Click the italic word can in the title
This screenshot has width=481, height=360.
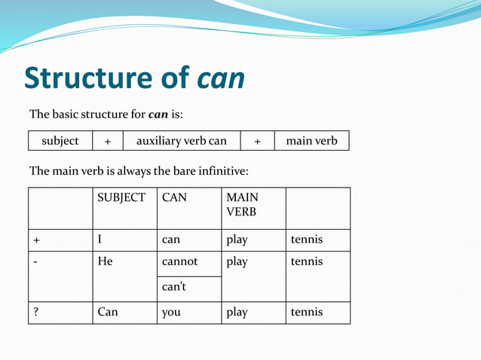(x=222, y=78)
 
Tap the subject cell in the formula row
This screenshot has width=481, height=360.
(x=60, y=141)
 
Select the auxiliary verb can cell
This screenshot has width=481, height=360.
(x=181, y=141)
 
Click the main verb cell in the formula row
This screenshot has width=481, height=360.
(x=311, y=141)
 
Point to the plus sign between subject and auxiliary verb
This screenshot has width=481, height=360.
(x=108, y=141)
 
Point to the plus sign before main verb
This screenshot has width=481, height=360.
(x=257, y=141)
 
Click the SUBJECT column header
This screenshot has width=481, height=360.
(x=121, y=197)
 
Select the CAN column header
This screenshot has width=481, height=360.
(x=174, y=197)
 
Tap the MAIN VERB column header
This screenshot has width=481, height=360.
(x=242, y=204)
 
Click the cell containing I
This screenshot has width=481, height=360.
(x=100, y=239)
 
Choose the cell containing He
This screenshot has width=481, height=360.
(x=106, y=261)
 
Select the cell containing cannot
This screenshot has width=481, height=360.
(x=180, y=261)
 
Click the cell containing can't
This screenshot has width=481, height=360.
(x=174, y=287)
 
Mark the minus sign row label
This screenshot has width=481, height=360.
(x=35, y=261)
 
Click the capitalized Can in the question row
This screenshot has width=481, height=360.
(x=108, y=312)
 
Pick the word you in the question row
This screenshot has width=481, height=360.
(x=171, y=312)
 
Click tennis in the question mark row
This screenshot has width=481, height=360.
(x=306, y=312)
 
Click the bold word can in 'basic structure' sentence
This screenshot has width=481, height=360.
(x=158, y=114)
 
